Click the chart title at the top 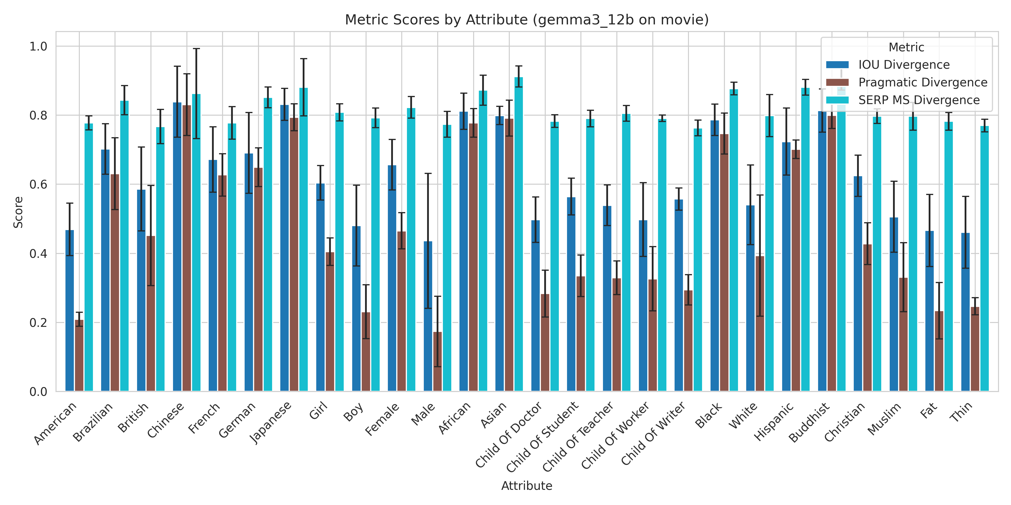[x=527, y=20]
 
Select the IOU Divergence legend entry [x=903, y=65]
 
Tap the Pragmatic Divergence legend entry [x=922, y=82]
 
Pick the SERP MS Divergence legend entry [x=918, y=100]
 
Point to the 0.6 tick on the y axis [x=38, y=185]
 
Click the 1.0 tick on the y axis [x=38, y=47]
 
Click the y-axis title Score [x=18, y=212]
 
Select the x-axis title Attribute [x=527, y=486]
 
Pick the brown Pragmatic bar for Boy [x=366, y=352]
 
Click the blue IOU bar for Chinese [x=177, y=247]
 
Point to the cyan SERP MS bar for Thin [x=984, y=258]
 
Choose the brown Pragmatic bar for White [x=760, y=323]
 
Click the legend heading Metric [x=906, y=47]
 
